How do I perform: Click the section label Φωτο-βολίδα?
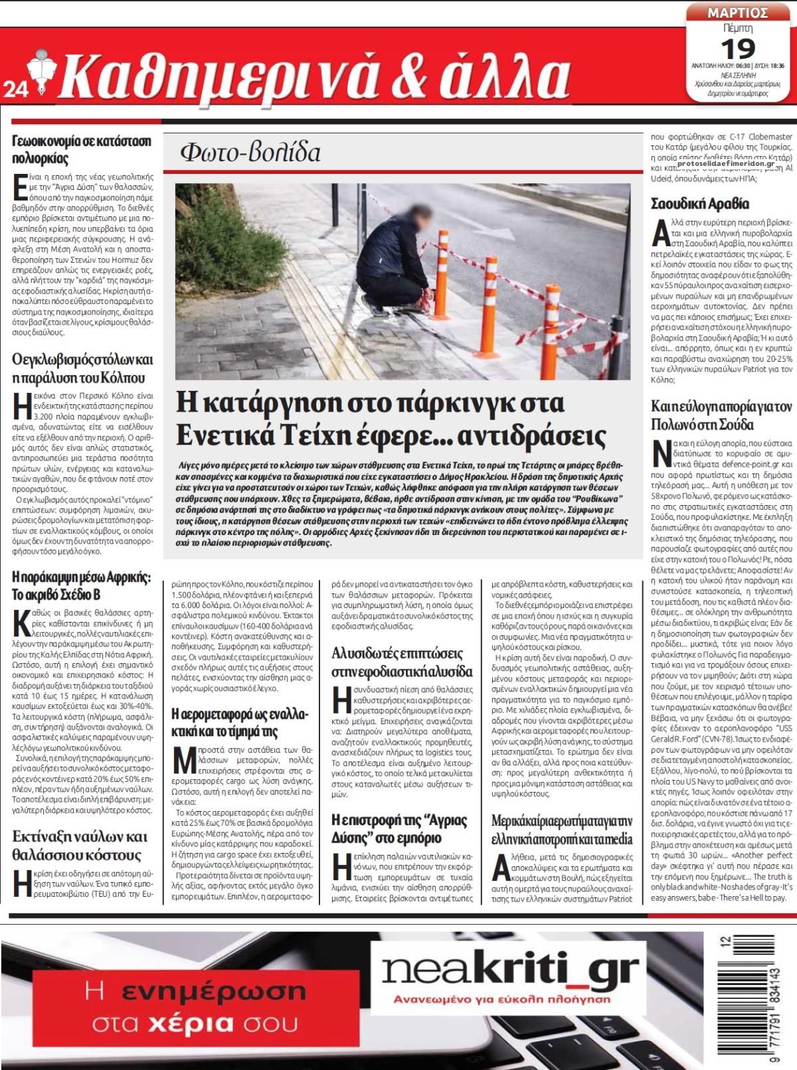[x=250, y=153]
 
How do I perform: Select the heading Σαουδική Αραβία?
[x=699, y=203]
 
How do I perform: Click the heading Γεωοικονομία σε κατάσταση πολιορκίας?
[x=82, y=149]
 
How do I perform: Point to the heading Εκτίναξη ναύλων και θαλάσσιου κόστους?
[x=79, y=845]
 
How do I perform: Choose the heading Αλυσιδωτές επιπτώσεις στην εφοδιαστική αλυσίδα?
[x=402, y=662]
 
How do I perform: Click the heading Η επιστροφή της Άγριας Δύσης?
[x=398, y=828]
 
